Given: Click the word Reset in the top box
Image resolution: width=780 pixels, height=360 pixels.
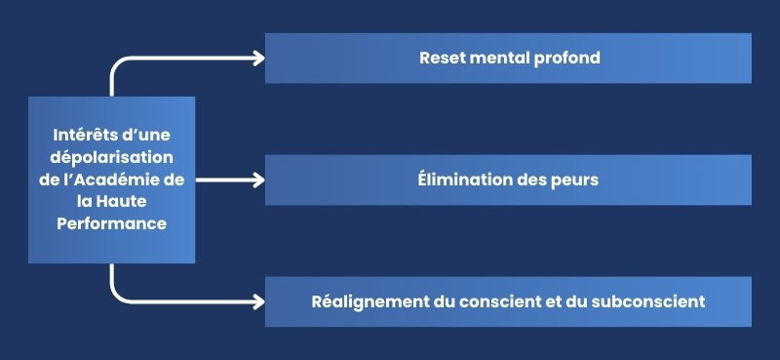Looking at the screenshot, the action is pyautogui.click(x=442, y=58).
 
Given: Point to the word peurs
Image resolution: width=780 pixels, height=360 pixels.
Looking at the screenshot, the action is pyautogui.click(x=576, y=180).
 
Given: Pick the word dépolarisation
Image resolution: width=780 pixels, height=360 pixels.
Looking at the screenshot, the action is pyautogui.click(x=112, y=157).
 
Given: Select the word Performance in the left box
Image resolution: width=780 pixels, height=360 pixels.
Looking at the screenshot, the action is pyautogui.click(x=111, y=223).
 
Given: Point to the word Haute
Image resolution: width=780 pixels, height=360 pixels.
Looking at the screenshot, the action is pyautogui.click(x=136, y=201).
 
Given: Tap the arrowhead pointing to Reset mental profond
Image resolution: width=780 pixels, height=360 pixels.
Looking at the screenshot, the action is pyautogui.click(x=258, y=58).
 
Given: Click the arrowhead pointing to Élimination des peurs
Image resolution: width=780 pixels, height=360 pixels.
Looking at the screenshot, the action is pyautogui.click(x=258, y=180).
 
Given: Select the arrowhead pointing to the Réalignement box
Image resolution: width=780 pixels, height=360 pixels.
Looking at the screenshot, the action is pyautogui.click(x=258, y=301).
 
